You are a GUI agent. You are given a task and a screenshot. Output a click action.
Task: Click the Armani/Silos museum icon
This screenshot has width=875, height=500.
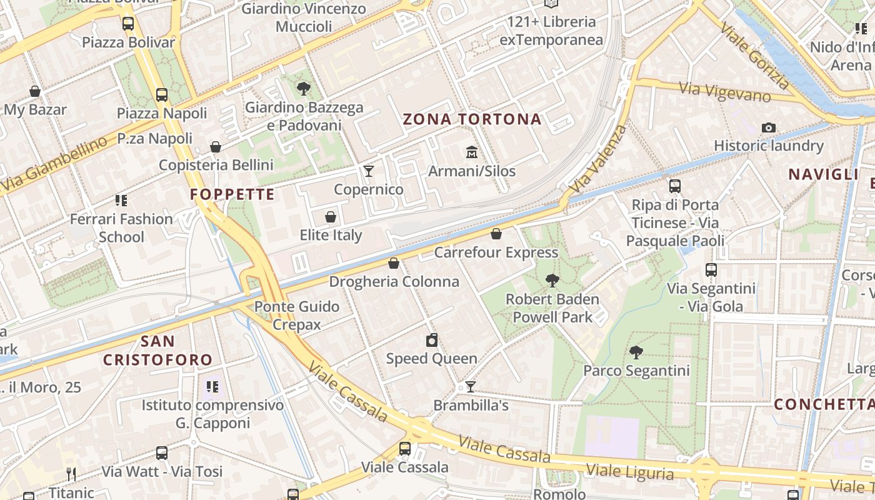click(472, 152)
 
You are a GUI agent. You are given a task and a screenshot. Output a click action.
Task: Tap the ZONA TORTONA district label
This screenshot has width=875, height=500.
click(472, 119)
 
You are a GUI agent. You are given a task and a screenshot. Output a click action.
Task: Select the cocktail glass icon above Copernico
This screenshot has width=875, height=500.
click(369, 171)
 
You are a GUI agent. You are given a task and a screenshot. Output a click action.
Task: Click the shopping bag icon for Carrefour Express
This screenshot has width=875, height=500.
click(496, 234)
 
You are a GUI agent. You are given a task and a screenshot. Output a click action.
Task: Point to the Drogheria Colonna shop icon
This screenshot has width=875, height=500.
click(394, 263)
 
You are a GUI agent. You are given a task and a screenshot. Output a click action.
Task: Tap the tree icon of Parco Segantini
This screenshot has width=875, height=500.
click(636, 352)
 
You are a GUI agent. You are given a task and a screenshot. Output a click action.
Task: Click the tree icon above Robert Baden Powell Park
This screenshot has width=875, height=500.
click(552, 281)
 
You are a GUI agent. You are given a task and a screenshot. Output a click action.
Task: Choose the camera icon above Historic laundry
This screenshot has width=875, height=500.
click(769, 127)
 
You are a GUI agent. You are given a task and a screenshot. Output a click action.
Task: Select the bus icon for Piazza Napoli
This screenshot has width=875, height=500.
click(162, 95)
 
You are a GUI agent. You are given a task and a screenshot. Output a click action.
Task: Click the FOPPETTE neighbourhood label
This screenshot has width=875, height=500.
click(232, 194)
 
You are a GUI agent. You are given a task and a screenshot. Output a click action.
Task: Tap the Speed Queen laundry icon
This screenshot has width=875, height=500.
click(431, 341)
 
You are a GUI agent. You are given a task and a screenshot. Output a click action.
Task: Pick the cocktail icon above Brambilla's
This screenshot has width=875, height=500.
click(471, 387)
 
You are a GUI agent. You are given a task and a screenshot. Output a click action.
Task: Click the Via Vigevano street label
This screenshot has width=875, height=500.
click(725, 91)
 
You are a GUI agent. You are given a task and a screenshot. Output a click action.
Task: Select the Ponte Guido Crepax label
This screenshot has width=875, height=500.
click(297, 315)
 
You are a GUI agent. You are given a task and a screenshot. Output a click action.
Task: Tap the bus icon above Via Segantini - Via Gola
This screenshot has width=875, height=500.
click(711, 270)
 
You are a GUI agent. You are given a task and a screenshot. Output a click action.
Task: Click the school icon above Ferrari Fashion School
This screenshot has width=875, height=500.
click(121, 201)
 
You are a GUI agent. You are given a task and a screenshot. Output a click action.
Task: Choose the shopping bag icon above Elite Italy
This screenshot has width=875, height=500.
click(331, 217)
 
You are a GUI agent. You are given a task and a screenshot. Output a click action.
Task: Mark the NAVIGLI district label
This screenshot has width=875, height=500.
click(824, 174)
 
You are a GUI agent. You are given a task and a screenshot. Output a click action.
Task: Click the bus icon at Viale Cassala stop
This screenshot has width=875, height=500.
click(405, 449)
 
